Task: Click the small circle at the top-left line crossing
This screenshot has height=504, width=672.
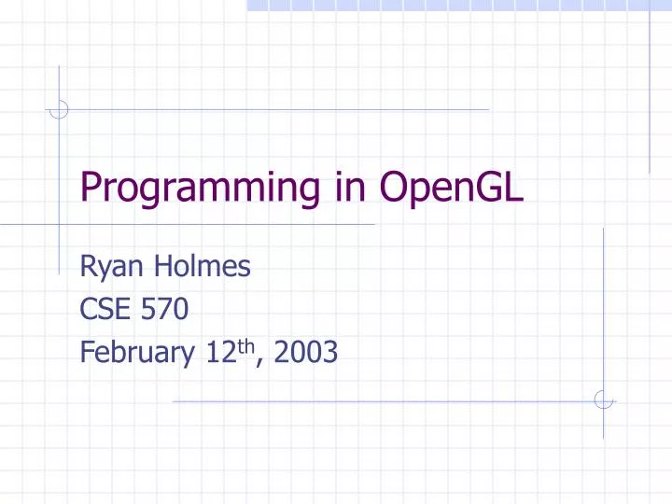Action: pos(59,109)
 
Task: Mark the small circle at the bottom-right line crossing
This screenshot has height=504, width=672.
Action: pos(604,399)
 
